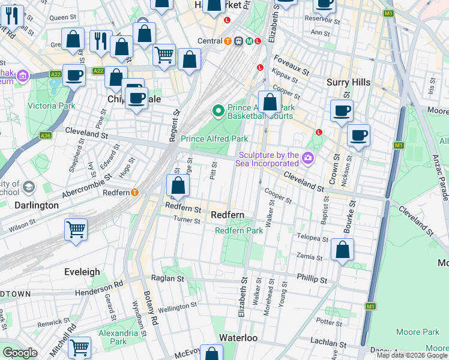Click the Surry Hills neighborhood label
pos(348,82)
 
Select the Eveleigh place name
pos(82,272)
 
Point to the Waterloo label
pos(238,338)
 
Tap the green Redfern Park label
pos(239,230)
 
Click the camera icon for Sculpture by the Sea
pos(309,158)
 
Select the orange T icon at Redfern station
pos(135,193)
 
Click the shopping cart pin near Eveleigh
pos(76,230)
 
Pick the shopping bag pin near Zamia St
pos(342,250)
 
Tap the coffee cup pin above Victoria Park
pos(74,76)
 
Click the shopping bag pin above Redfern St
pos(178,185)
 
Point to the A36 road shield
pos(46,136)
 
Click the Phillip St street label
pos(312,279)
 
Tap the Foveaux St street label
pos(291,64)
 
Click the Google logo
pos(20,353)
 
